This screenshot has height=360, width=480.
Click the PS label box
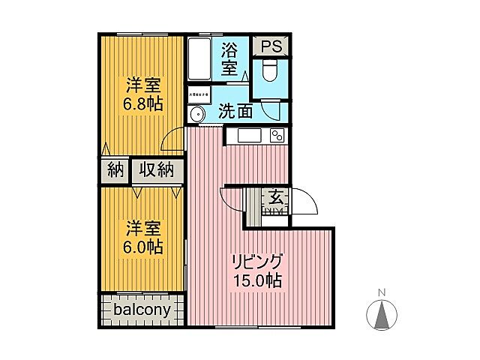[271, 46]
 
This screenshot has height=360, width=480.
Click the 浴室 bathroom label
[229, 59]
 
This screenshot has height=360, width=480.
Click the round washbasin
[196, 115]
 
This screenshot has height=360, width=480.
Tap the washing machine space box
[199, 95]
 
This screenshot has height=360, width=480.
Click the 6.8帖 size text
[142, 103]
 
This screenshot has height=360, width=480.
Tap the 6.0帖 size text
[142, 247]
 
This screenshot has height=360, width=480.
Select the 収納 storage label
[157, 170]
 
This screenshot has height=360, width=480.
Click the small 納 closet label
[115, 170]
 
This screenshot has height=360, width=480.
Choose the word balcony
[142, 310]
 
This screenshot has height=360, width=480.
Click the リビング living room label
[257, 263]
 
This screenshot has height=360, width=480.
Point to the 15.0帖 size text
[257, 281]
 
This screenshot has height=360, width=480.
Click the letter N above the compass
[381, 292]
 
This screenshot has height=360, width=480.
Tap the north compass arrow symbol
[381, 313]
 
